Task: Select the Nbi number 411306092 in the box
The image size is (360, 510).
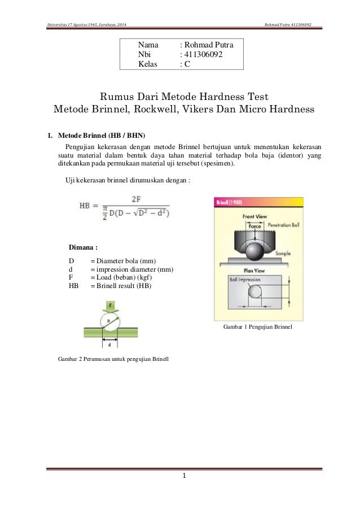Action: [203, 54]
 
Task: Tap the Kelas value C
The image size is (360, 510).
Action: [186, 64]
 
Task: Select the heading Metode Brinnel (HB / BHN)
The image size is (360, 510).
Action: [101, 136]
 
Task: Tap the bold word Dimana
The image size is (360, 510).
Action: [84, 247]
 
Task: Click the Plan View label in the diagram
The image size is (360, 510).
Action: [255, 270]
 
